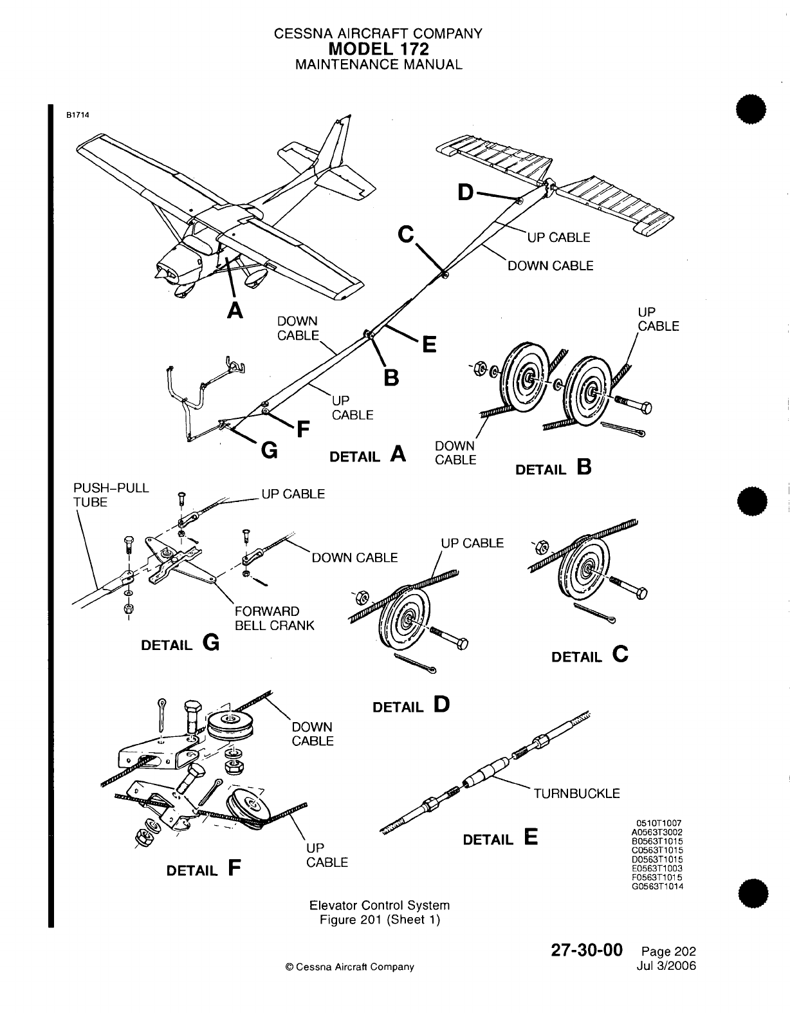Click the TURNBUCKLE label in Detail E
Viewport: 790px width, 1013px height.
point(577,793)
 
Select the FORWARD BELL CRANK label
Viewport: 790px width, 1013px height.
point(275,618)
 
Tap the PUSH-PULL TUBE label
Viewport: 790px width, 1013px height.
point(111,495)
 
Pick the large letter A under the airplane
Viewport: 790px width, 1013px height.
point(236,310)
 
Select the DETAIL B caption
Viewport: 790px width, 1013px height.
point(553,468)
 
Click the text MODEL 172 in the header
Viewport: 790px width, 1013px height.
point(378,49)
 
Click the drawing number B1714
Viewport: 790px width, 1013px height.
point(77,116)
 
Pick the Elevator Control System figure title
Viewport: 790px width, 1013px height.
point(380,906)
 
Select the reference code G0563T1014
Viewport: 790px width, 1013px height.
point(659,886)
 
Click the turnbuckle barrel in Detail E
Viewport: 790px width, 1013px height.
point(488,770)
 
